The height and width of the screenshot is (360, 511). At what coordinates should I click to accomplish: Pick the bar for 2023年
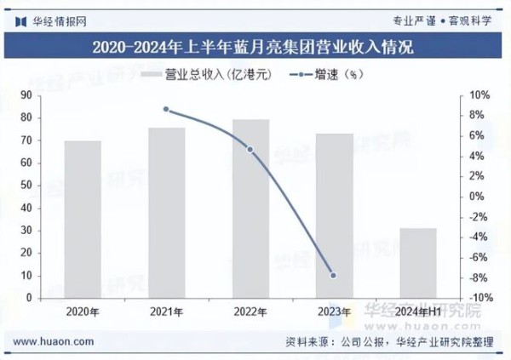point(334,216)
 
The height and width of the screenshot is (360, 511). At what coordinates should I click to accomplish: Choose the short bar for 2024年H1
point(417,263)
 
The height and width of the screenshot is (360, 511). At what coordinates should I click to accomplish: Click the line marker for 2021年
point(167,110)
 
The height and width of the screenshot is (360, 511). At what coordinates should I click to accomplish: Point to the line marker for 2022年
point(250,150)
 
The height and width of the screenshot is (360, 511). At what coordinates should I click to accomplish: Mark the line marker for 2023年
point(333,275)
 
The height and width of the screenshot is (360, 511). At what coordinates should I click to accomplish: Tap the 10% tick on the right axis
point(479,94)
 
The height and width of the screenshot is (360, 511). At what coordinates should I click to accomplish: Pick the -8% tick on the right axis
point(479,277)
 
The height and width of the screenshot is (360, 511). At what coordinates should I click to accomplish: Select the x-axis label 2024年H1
point(417,312)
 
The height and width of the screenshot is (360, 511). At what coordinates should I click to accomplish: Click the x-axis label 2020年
point(83,312)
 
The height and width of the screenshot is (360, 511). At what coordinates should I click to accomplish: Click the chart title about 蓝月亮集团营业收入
point(255,48)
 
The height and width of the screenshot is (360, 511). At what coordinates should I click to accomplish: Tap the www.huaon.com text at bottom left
point(55,341)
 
